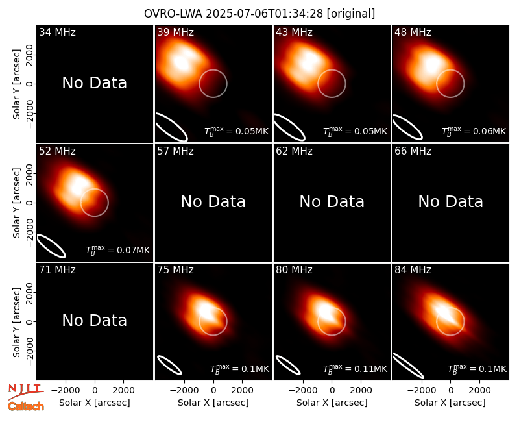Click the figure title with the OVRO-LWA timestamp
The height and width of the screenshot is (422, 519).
[259, 14]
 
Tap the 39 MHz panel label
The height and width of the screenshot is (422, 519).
[175, 32]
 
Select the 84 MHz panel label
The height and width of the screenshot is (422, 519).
[413, 270]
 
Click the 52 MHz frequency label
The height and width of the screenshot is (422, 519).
[57, 151]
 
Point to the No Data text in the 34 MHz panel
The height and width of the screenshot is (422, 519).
[95, 83]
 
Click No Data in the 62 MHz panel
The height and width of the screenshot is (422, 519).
[332, 201]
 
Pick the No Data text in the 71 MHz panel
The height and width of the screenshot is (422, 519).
[95, 320]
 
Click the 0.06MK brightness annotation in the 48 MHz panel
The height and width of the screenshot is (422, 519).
[474, 131]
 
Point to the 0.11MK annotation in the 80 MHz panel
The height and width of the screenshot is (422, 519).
[355, 369]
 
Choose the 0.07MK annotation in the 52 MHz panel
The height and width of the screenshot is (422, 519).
[118, 250]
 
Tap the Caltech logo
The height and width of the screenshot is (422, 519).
[26, 406]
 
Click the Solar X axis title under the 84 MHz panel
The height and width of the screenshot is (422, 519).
[450, 403]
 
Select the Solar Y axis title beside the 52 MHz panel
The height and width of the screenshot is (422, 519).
[17, 203]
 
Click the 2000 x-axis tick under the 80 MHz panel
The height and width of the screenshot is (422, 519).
[361, 390]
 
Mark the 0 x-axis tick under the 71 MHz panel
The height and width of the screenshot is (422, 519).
[95, 390]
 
